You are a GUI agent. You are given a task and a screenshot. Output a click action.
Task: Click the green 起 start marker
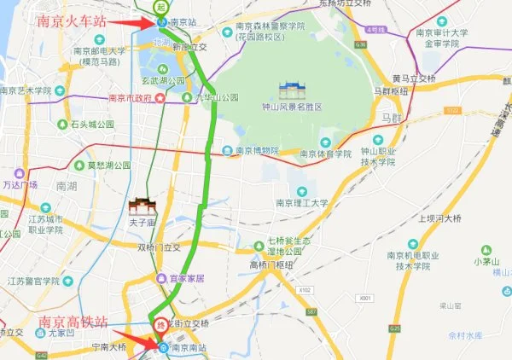(x=162, y=4)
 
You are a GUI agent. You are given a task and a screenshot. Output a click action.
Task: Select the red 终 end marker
(x=157, y=325)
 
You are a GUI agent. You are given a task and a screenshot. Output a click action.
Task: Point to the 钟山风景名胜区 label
(x=292, y=108)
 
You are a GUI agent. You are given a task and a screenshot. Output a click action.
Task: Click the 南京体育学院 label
(x=325, y=154)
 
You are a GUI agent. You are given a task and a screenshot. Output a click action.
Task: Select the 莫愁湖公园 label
(x=108, y=165)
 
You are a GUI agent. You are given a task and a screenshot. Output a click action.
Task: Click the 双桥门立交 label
(x=159, y=247)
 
